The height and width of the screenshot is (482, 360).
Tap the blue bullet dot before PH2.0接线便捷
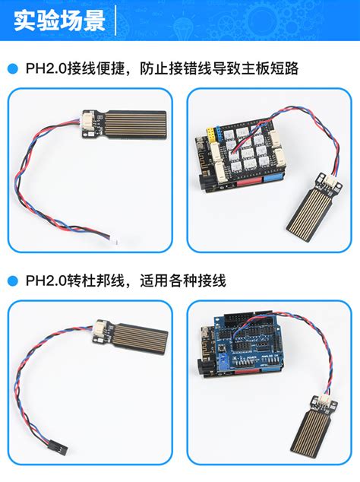tap(12, 68)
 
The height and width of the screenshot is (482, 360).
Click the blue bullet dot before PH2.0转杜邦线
tap(12, 281)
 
